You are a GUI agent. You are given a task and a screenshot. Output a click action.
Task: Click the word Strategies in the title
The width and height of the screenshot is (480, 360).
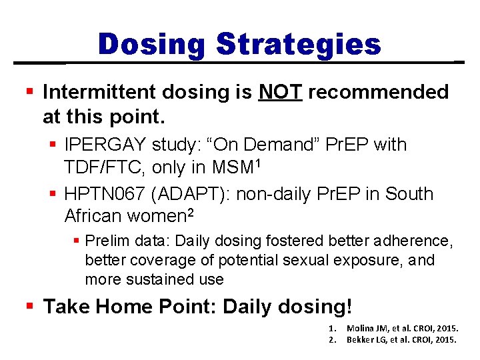[x=298, y=45]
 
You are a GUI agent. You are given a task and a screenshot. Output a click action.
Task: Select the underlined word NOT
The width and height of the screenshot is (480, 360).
[x=280, y=92]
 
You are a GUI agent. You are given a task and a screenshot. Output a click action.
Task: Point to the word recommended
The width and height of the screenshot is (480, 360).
[x=378, y=92]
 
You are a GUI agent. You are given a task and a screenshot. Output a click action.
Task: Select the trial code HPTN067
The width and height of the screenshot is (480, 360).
[x=105, y=194]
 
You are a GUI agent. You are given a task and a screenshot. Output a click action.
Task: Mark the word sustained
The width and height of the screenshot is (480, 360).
[x=155, y=279]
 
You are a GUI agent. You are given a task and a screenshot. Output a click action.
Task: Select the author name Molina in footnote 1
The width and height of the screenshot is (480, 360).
[x=360, y=329]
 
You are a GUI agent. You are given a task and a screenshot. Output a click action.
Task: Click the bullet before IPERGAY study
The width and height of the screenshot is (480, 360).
[x=53, y=145]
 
